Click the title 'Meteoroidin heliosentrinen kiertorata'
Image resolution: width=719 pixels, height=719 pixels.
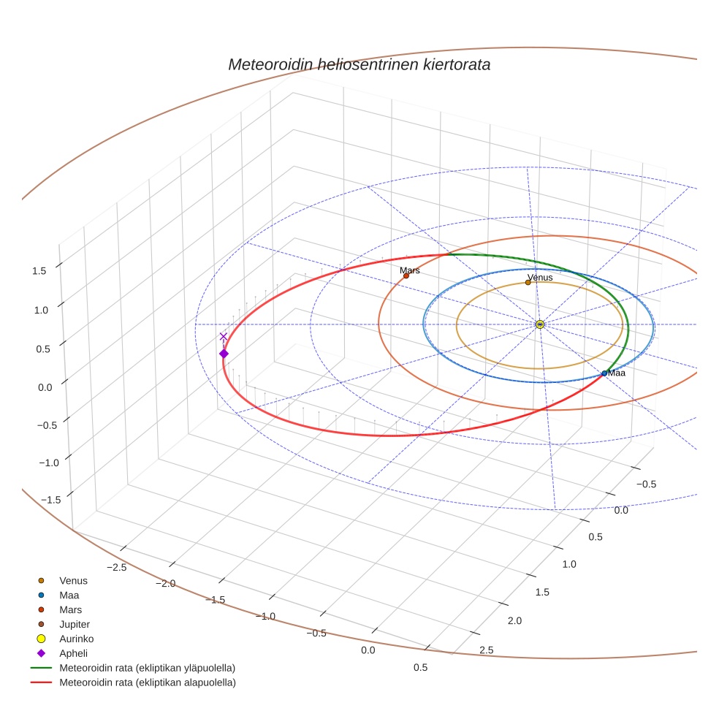(359, 64)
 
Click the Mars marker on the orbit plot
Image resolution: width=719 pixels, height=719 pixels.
(406, 275)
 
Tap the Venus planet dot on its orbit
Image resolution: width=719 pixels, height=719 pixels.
(528, 282)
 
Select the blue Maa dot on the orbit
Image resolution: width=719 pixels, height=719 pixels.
(604, 373)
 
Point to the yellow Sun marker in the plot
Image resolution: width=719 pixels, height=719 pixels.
(540, 324)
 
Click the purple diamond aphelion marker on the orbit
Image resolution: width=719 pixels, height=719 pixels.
(224, 354)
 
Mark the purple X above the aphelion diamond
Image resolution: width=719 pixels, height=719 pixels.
(224, 336)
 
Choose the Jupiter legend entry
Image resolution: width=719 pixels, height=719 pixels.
(74, 624)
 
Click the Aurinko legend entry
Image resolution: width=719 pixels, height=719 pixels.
(76, 639)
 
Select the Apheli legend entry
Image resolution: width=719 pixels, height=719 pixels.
(73, 653)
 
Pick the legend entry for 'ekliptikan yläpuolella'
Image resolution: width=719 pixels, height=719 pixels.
(146, 668)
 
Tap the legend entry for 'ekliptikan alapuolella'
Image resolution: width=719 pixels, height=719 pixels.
(146, 682)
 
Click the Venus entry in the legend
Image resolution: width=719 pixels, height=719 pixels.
(73, 580)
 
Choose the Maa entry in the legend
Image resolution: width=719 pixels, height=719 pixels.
(69, 595)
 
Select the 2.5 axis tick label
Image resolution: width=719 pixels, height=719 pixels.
(485, 650)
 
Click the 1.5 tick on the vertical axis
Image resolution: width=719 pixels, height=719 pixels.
(39, 270)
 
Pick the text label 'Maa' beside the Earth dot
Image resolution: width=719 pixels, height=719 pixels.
(617, 373)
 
